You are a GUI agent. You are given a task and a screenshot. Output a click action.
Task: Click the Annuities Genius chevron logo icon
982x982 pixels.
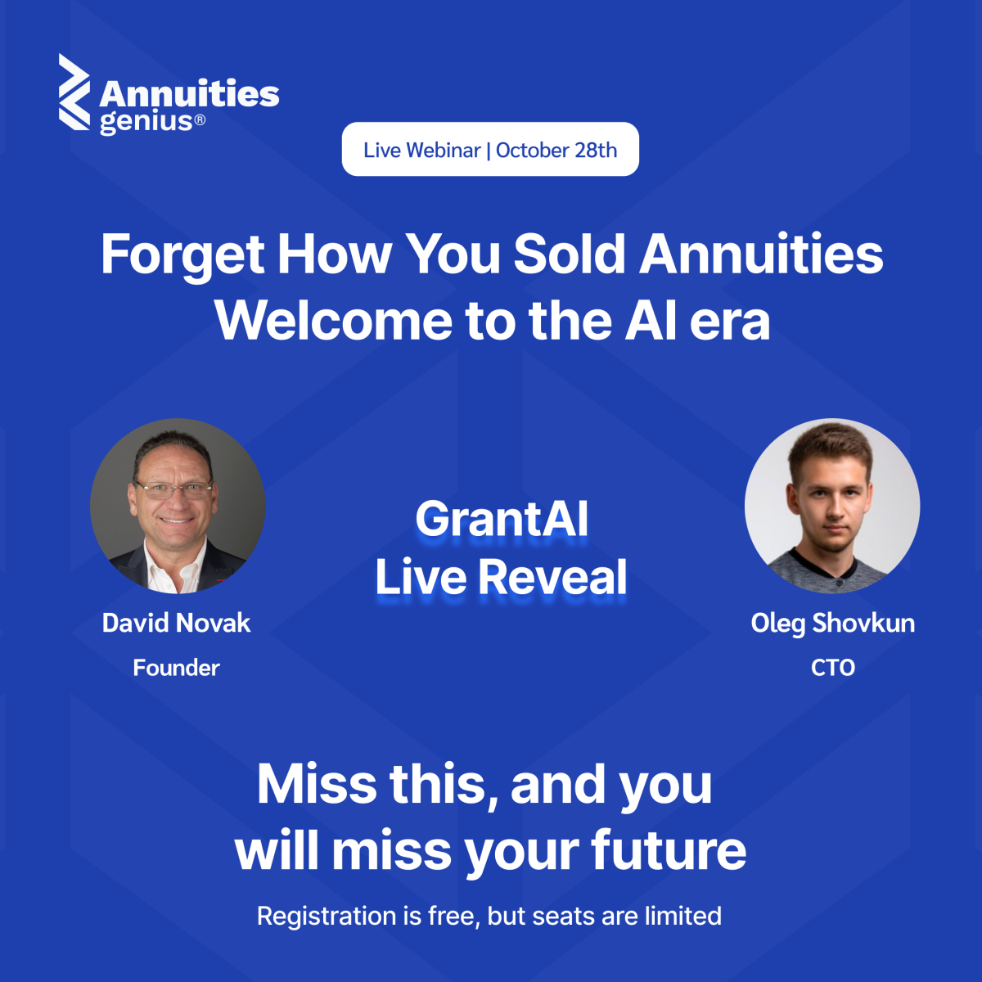tap(74, 92)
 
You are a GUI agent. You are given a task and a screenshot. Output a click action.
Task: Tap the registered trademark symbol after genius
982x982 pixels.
tap(200, 119)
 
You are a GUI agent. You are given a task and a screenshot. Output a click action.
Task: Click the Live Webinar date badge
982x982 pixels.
tap(490, 149)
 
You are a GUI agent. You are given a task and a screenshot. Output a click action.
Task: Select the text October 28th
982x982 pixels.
tap(556, 151)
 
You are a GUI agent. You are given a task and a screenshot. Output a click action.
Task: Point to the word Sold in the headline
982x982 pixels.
tap(570, 254)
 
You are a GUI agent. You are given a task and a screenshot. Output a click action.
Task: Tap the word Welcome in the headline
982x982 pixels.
tap(334, 321)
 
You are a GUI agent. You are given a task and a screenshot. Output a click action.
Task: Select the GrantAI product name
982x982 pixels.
tap(502, 520)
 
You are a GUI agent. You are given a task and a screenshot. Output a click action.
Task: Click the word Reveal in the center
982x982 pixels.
tap(552, 577)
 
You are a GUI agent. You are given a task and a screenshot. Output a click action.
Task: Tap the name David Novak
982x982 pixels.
tap(176, 623)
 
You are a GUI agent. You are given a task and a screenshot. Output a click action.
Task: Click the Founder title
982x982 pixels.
tap(176, 668)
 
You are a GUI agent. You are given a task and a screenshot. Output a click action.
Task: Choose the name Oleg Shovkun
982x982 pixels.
tap(833, 624)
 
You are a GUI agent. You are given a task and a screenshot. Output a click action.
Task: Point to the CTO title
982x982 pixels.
tap(833, 668)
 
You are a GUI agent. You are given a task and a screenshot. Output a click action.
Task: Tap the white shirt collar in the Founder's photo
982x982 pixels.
tap(176, 565)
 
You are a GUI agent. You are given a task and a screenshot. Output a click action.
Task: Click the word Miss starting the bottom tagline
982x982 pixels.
tap(317, 784)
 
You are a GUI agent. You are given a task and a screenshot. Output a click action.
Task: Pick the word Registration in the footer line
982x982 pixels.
tap(327, 916)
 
